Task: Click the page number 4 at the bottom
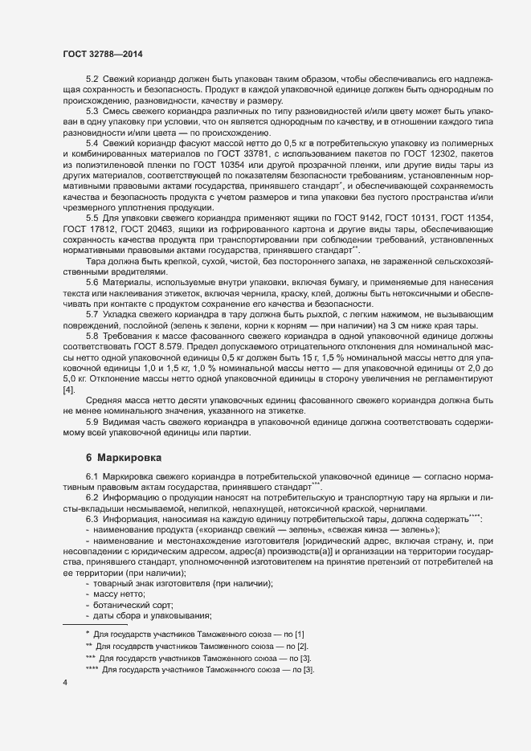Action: tap(65, 683)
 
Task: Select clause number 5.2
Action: tap(92, 80)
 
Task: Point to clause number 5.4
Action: tap(92, 142)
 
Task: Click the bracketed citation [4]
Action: tap(69, 390)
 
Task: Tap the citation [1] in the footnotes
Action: tap(299, 635)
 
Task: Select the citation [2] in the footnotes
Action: tap(301, 646)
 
